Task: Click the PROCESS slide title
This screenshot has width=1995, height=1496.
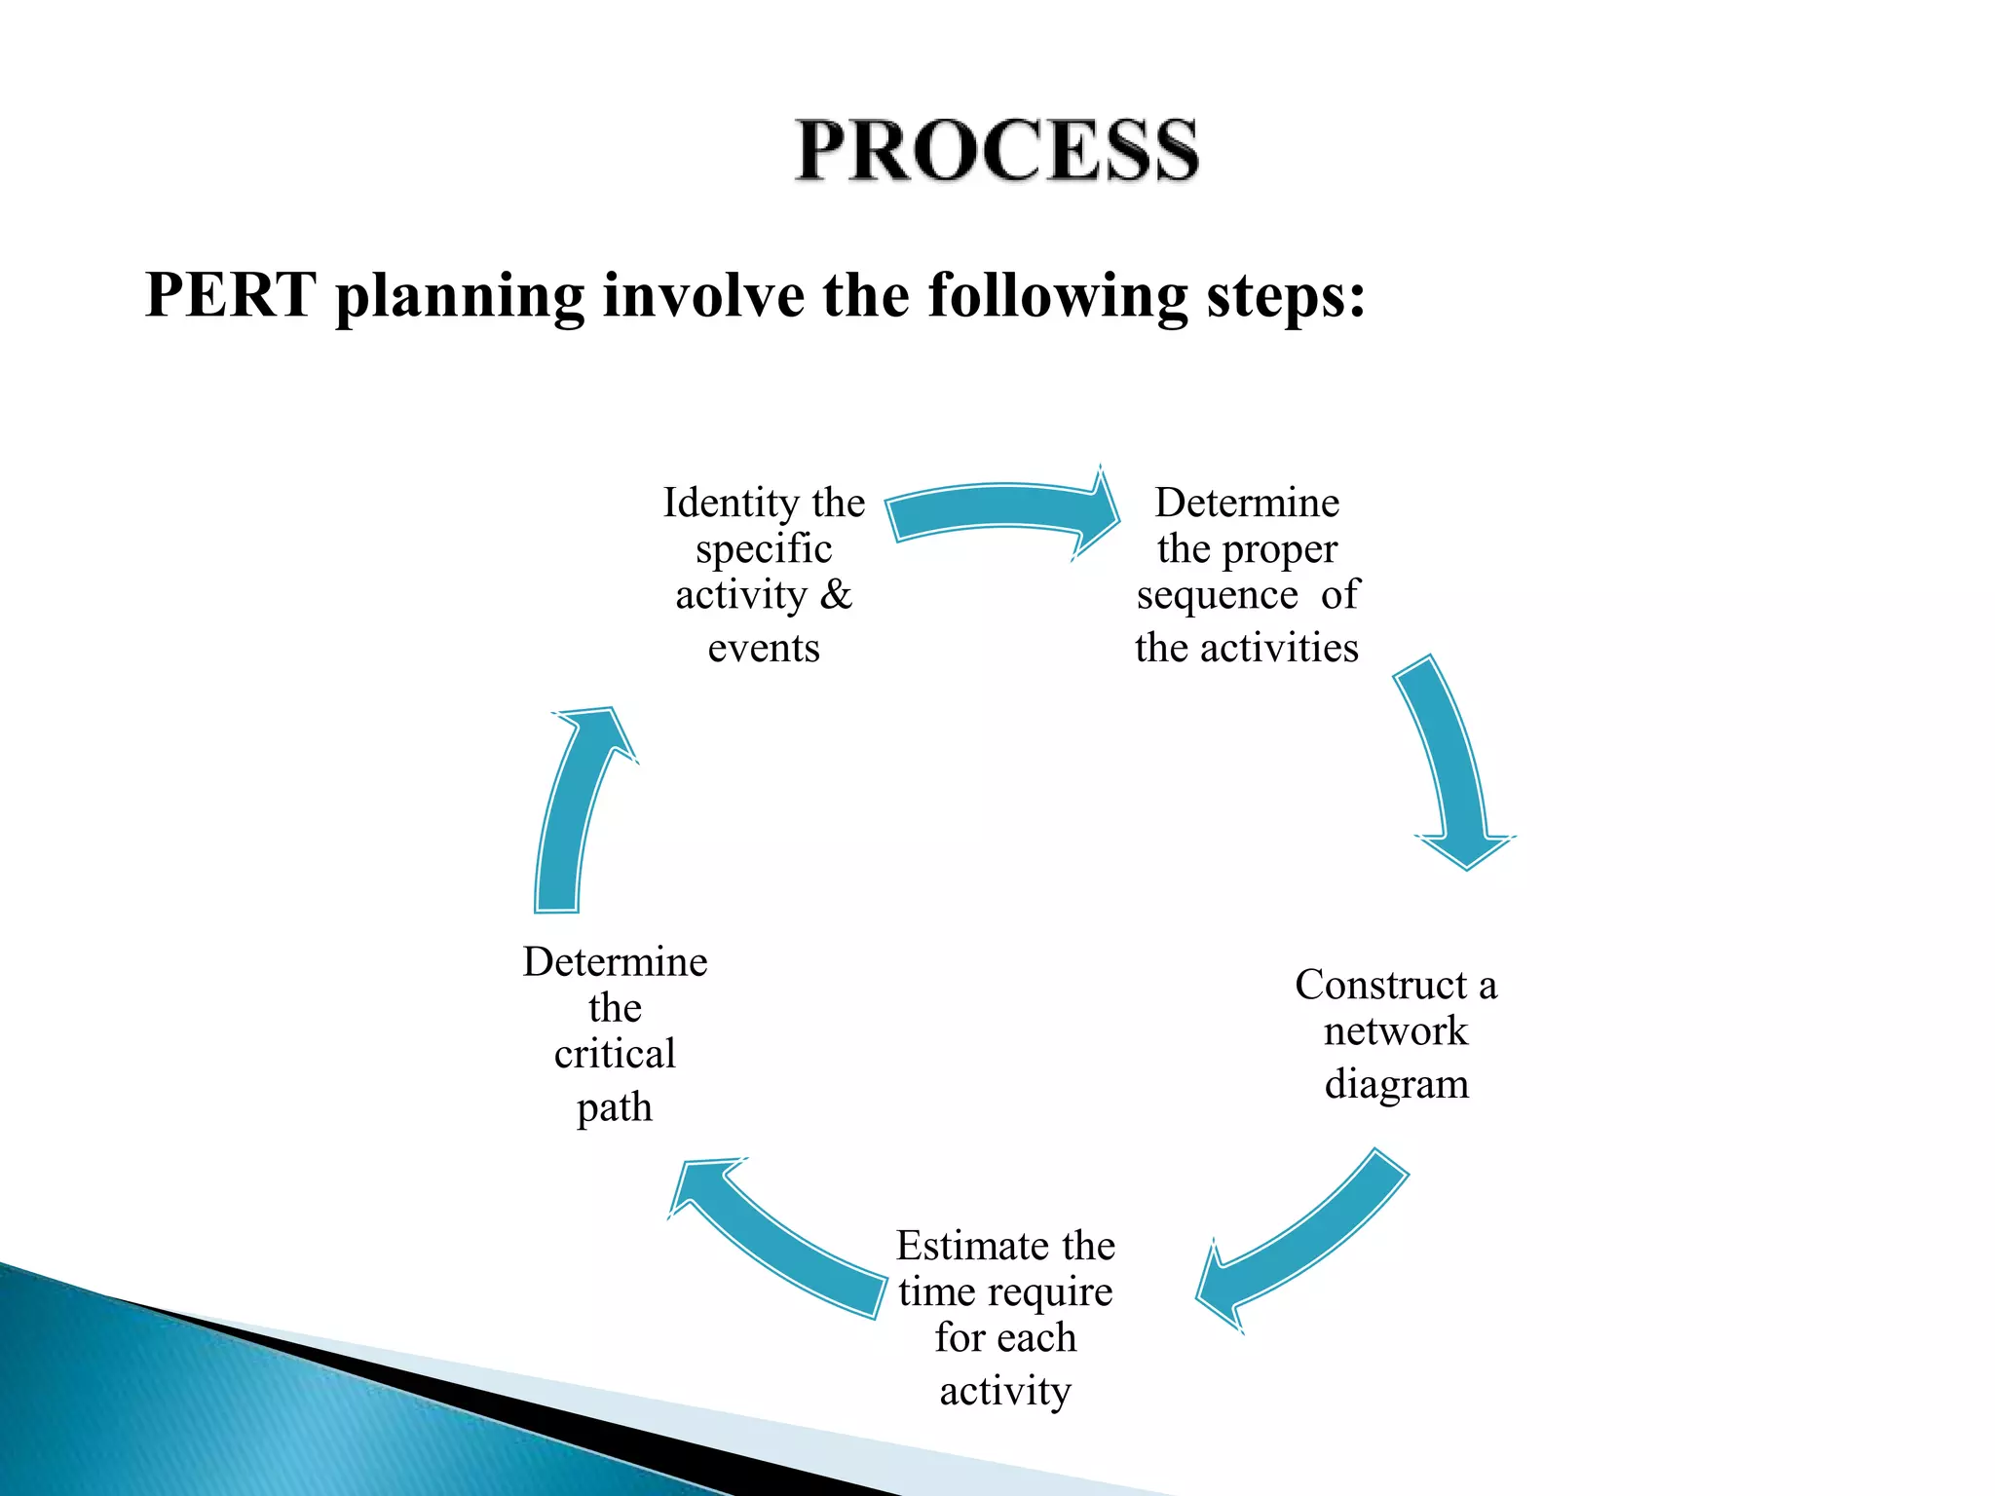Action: (x=997, y=151)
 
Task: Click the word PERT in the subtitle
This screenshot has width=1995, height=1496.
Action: (x=230, y=294)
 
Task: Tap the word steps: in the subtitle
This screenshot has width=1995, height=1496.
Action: (x=1286, y=296)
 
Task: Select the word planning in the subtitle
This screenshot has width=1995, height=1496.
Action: (x=459, y=296)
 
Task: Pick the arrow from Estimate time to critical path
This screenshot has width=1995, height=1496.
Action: (x=779, y=1237)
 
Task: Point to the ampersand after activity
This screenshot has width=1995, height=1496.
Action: (x=836, y=594)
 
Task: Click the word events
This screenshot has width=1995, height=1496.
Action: (x=764, y=648)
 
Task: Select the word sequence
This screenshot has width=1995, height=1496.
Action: (x=1217, y=596)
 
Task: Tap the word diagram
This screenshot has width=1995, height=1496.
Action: (x=1396, y=1084)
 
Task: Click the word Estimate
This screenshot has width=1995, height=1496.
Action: (x=973, y=1246)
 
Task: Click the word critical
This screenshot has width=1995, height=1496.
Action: (x=615, y=1054)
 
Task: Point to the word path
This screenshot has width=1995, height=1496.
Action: (x=615, y=1108)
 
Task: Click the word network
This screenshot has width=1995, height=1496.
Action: (x=1395, y=1031)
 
